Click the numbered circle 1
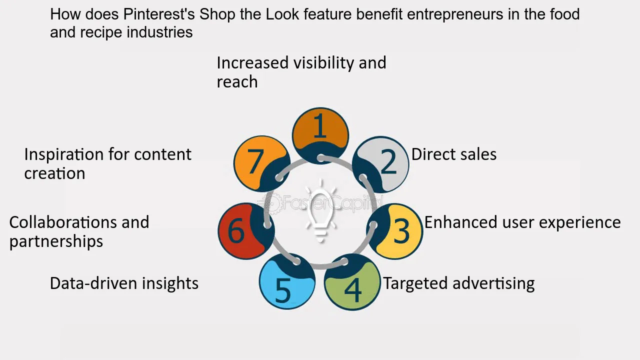[320, 136]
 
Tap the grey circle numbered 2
[380, 164]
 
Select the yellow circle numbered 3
[394, 231]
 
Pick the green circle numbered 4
[352, 282]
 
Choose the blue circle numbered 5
[287, 281]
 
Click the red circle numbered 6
[246, 231]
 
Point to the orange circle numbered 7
[262, 163]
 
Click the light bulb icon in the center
[320, 211]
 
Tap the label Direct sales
[453, 154]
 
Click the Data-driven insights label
[124, 283]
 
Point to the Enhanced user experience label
[522, 223]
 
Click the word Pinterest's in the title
[159, 14]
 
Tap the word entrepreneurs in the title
[455, 15]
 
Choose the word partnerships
[56, 242]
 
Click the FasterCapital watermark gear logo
[272, 203]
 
